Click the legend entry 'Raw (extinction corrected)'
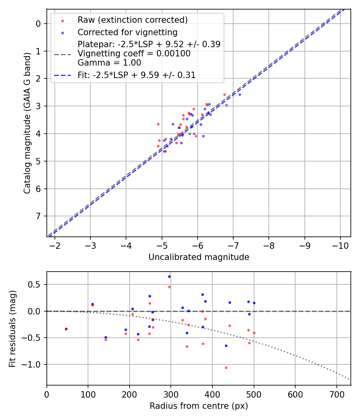click(x=132, y=20)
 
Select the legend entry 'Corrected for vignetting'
click(x=128, y=32)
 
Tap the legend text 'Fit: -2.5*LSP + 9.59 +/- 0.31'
click(x=136, y=75)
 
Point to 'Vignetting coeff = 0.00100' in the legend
click(x=134, y=54)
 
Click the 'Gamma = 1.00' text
click(x=109, y=63)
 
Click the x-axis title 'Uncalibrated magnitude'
click(x=199, y=257)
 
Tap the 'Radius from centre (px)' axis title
click(x=199, y=406)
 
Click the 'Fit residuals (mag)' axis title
click(x=12, y=328)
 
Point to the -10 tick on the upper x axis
click(x=340, y=244)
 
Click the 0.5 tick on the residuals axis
click(x=37, y=285)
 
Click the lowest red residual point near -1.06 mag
click(x=226, y=368)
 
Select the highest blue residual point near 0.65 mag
click(x=169, y=276)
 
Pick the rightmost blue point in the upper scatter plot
click(x=240, y=94)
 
